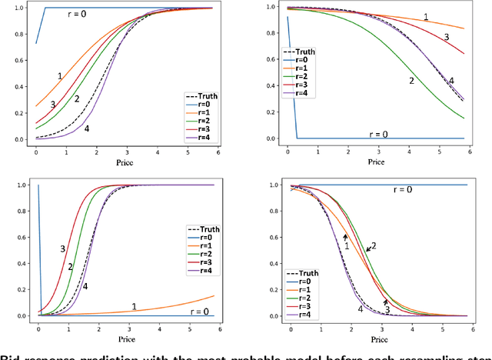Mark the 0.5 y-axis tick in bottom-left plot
(17, 250)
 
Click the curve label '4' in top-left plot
(86, 128)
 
